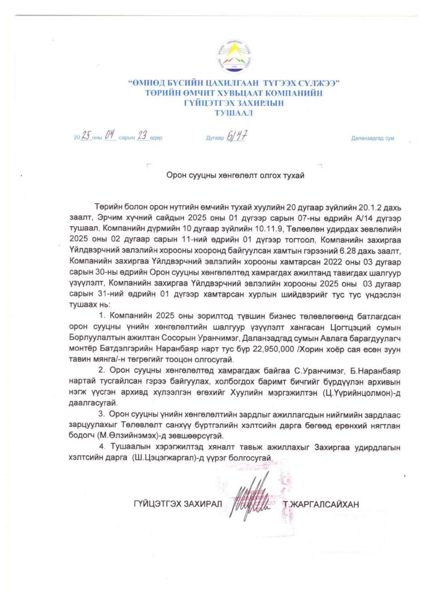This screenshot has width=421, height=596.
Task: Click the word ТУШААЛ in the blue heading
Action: pyautogui.click(x=233, y=113)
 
